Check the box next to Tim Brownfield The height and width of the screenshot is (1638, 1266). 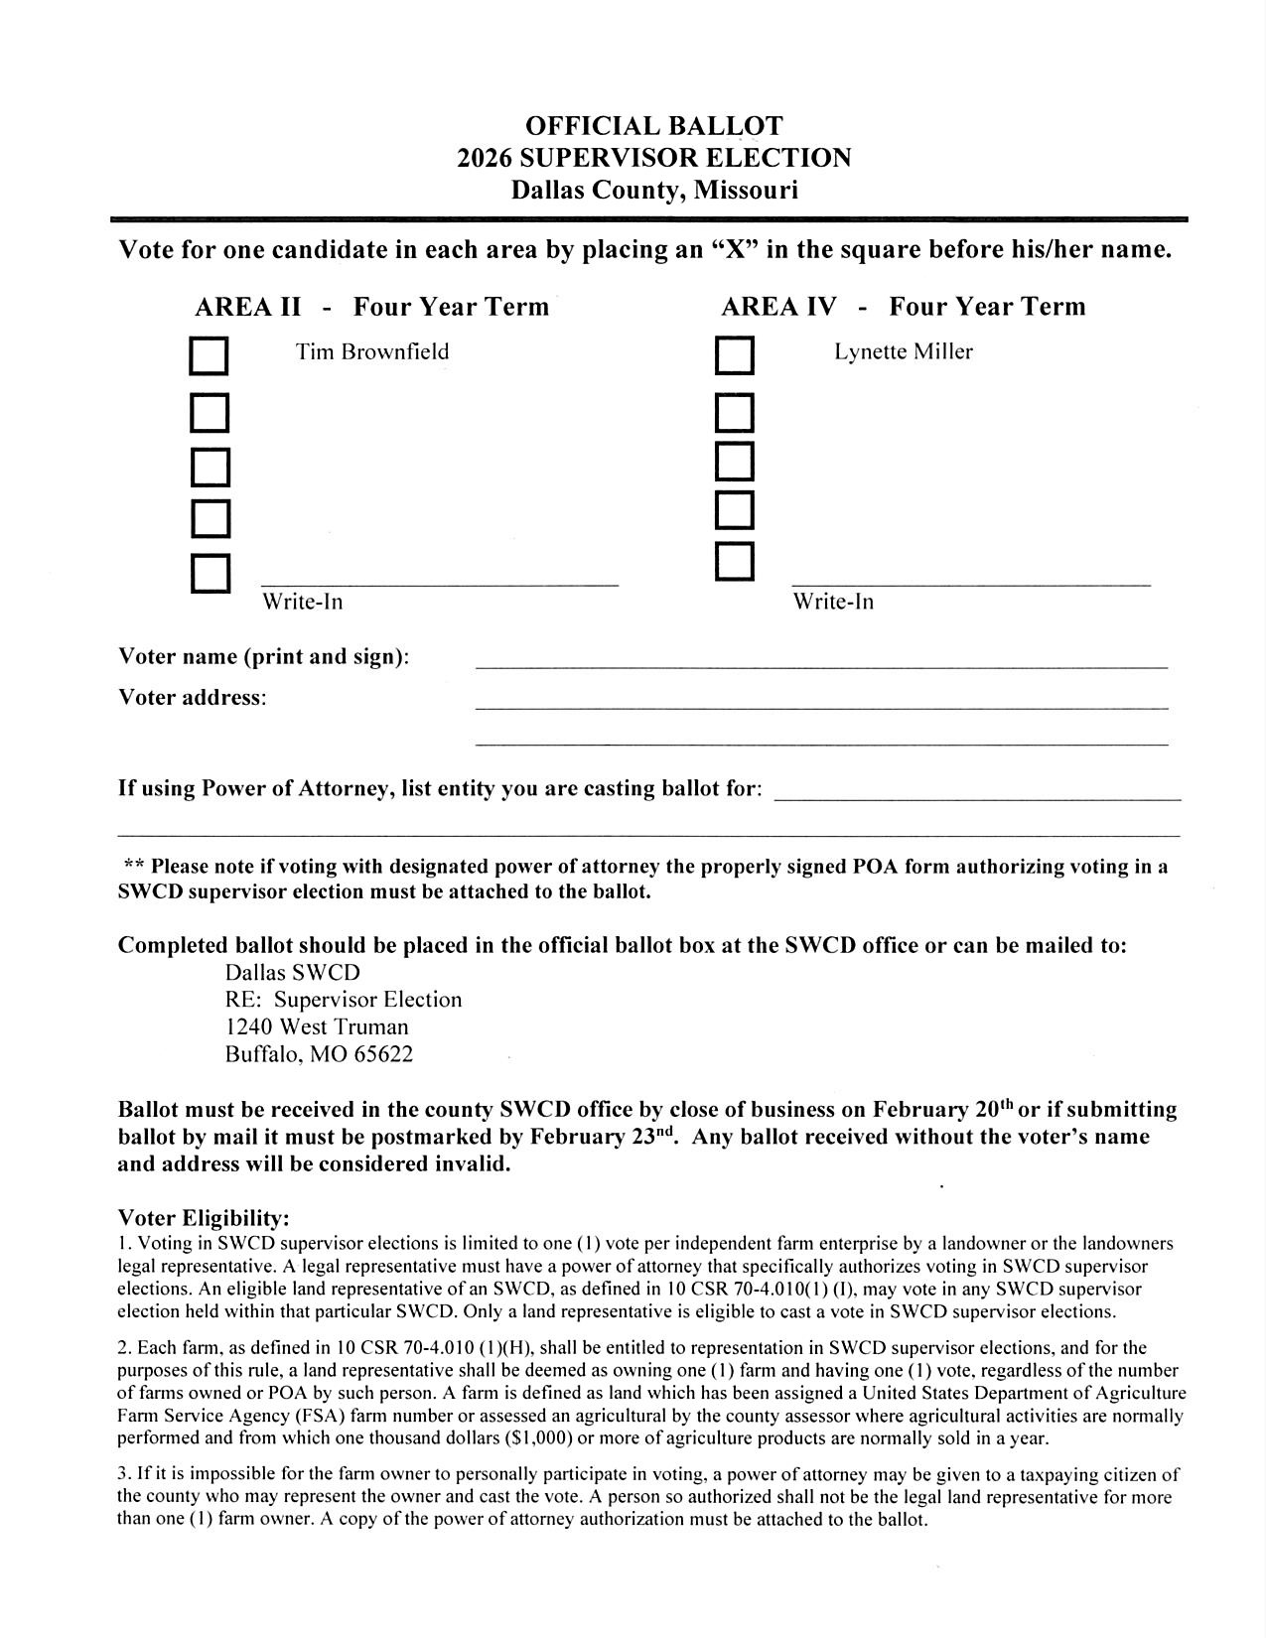click(210, 357)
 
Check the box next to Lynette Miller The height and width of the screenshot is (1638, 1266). click(735, 357)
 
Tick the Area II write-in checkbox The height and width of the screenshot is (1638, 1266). click(211, 574)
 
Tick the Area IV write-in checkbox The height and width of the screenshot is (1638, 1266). click(735, 562)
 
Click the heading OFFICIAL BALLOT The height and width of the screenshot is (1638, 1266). click(653, 126)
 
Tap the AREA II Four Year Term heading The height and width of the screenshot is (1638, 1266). click(371, 306)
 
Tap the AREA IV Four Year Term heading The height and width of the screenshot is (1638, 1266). click(903, 306)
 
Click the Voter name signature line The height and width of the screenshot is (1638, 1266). click(821, 665)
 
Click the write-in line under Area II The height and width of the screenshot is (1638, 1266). click(439, 582)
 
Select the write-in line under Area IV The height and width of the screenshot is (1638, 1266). click(970, 582)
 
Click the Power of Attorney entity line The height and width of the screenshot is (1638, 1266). click(977, 796)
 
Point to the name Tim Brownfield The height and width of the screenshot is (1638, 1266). click(372, 351)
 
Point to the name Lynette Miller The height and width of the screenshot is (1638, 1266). click(903, 351)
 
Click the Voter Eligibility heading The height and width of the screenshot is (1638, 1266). click(204, 1218)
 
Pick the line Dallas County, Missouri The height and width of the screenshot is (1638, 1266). click(653, 189)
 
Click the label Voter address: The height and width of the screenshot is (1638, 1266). click(193, 697)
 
